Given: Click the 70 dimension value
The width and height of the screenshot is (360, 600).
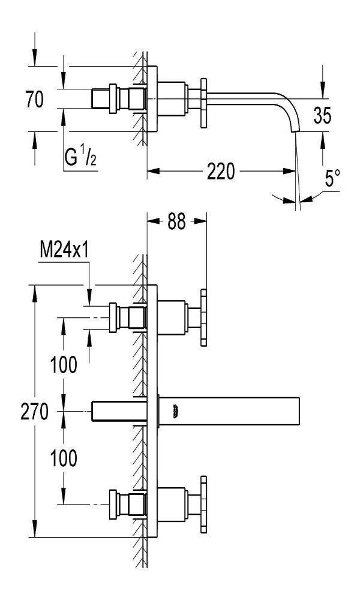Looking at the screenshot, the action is tap(35, 99).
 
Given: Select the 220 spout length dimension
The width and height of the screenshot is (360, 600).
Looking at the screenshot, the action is tap(221, 171).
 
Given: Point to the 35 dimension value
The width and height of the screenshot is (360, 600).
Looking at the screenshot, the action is tap(322, 115).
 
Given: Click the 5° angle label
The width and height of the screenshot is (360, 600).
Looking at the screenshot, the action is tap(332, 178).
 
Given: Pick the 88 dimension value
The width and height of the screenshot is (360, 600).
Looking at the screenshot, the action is tap(176, 221).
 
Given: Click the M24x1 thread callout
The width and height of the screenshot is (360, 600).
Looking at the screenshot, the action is tap(64, 251).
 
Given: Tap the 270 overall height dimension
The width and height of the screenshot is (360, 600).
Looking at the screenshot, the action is tap(34, 412).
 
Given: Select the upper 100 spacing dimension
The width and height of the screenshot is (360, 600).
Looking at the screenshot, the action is tap(64, 364).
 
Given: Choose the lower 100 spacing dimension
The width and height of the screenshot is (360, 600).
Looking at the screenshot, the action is tap(64, 458).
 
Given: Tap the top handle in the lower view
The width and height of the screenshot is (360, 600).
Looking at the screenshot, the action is tap(203, 317).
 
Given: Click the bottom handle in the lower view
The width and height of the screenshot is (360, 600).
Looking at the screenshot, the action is tap(203, 505).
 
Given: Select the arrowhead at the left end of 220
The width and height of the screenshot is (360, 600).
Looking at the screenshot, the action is tap(154, 171).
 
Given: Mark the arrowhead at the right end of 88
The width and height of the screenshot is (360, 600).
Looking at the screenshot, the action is tap(200, 221).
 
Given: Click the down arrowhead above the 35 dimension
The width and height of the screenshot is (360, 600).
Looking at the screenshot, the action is tap(323, 92).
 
